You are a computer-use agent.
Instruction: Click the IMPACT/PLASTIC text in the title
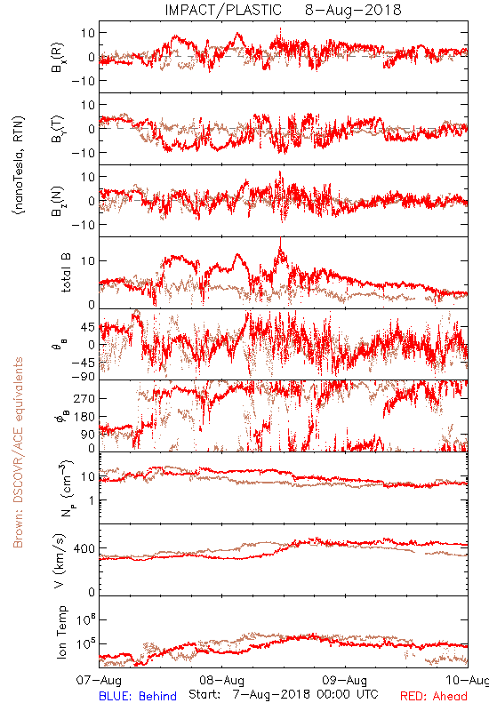point(223,10)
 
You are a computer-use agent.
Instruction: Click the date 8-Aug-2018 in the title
point(353,10)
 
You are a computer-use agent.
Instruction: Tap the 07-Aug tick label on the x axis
point(99,681)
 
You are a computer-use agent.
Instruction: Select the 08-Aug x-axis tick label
point(221,681)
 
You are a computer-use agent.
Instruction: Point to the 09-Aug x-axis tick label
point(345,681)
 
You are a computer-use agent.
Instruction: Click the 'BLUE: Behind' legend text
point(138,697)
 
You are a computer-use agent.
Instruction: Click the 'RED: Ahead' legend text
point(434,697)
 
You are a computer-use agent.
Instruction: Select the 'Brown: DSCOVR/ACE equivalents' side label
point(18,452)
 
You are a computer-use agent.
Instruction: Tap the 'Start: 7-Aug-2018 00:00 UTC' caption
point(284,694)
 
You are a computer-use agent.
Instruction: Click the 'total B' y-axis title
point(66,273)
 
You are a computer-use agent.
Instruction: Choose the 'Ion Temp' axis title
point(61,632)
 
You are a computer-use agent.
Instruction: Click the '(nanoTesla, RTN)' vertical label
point(19,164)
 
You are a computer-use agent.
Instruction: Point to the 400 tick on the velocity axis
point(84,548)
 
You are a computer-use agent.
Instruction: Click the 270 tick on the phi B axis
point(84,398)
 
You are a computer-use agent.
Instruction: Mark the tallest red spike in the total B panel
point(281,239)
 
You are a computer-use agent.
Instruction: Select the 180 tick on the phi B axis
point(84,417)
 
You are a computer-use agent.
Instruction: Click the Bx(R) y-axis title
point(58,57)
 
